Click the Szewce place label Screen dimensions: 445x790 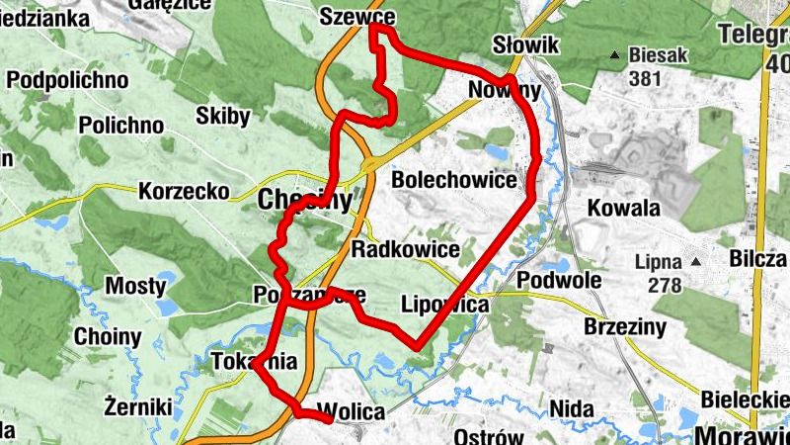coord(358,17)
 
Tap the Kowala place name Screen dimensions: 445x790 coord(623,209)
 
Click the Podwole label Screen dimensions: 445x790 coord(559,280)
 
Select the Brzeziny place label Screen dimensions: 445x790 coord(624,326)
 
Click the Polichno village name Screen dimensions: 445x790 coord(120,126)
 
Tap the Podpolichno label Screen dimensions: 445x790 coord(68,79)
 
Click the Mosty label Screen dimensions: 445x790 coord(135,287)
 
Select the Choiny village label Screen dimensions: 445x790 coord(108,336)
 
